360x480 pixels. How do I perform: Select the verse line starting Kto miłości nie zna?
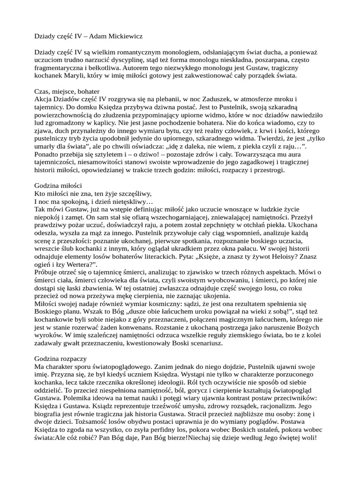click(x=94, y=194)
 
